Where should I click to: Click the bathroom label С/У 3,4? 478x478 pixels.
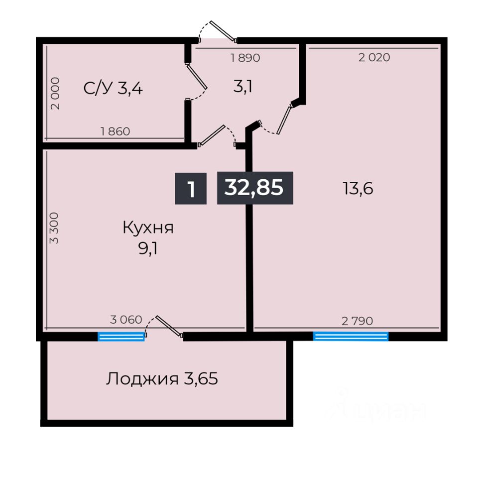pyautogui.click(x=113, y=89)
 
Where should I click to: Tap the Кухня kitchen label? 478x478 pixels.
pyautogui.click(x=148, y=228)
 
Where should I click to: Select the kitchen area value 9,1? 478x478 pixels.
pyautogui.click(x=148, y=249)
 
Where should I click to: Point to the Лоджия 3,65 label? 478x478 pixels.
pyautogui.click(x=162, y=379)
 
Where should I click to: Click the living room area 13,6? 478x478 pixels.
pyautogui.click(x=358, y=188)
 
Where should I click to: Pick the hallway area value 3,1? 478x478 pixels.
pyautogui.click(x=242, y=87)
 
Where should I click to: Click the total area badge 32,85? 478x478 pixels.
pyautogui.click(x=255, y=188)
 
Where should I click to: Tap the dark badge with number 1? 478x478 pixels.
pyautogui.click(x=191, y=188)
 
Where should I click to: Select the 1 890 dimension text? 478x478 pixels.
pyautogui.click(x=245, y=58)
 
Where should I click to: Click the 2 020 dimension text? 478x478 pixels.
pyautogui.click(x=374, y=57)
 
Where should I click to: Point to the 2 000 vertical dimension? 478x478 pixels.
pyautogui.click(x=55, y=93)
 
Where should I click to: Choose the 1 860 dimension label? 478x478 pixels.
pyautogui.click(x=115, y=131)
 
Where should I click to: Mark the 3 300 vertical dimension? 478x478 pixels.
pyautogui.click(x=54, y=228)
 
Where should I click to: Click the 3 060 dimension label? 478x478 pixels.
pyautogui.click(x=126, y=320)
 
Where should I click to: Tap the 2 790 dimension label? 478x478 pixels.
pyautogui.click(x=357, y=321)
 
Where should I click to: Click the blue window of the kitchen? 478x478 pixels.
pyautogui.click(x=121, y=337)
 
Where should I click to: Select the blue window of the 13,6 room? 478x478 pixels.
pyautogui.click(x=351, y=336)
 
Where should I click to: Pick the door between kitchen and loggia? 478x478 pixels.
pyautogui.click(x=169, y=326)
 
